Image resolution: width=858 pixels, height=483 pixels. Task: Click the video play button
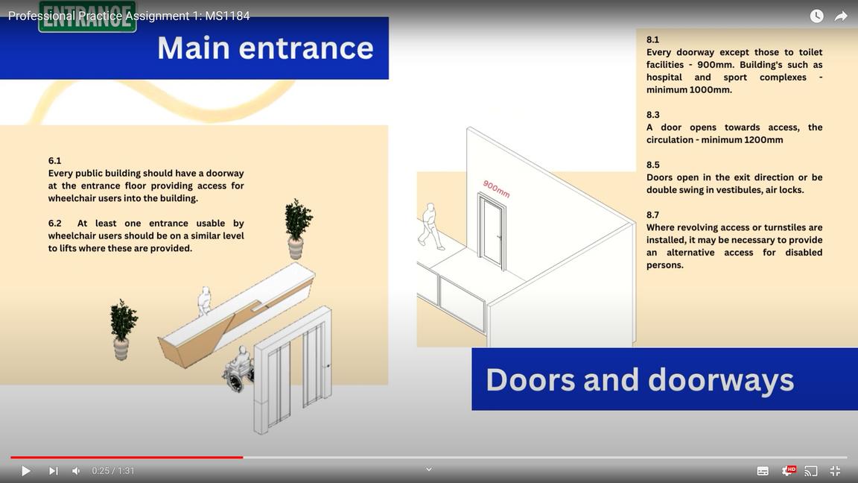point(26,471)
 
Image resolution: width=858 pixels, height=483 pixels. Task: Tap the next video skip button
point(53,471)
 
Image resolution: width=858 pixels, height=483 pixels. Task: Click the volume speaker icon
point(76,471)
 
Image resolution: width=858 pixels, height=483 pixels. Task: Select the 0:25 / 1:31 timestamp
point(113,471)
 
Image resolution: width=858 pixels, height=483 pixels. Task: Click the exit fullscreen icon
point(835,471)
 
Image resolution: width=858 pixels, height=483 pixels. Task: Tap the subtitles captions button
point(763,471)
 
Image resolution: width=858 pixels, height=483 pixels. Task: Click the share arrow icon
point(841,16)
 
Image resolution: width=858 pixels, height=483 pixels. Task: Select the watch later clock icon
point(817,16)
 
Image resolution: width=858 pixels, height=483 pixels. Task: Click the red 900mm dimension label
point(496,189)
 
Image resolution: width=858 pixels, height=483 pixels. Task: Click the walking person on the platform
point(430,225)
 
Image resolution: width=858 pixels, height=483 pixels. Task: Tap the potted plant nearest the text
point(297,227)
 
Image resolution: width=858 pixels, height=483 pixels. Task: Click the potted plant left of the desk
point(122,329)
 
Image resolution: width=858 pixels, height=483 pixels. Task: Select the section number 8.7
point(652,215)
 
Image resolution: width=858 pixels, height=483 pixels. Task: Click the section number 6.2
point(55,223)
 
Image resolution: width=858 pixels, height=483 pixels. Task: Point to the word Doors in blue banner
point(530,379)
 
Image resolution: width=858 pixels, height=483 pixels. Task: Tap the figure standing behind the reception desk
point(204,300)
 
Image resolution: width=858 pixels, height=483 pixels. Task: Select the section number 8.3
point(652,115)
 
